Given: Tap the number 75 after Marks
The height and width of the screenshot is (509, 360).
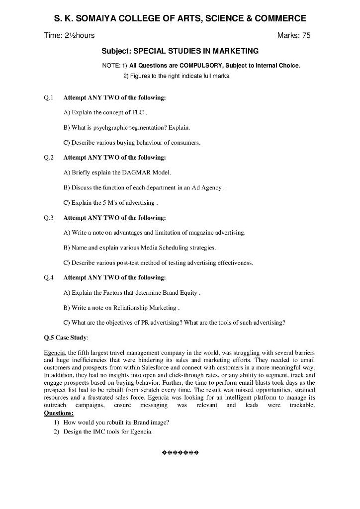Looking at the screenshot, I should click(305, 36).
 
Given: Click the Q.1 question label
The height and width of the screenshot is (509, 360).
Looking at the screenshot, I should click(49, 97).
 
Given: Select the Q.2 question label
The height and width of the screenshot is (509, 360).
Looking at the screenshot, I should click(49, 158).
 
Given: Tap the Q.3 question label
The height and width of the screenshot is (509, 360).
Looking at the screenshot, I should click(49, 218).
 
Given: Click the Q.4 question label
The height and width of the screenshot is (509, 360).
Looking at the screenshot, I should click(49, 278).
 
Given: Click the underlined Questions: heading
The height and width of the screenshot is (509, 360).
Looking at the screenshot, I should click(59, 413).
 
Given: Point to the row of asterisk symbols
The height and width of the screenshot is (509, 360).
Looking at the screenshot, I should click(180, 453).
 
